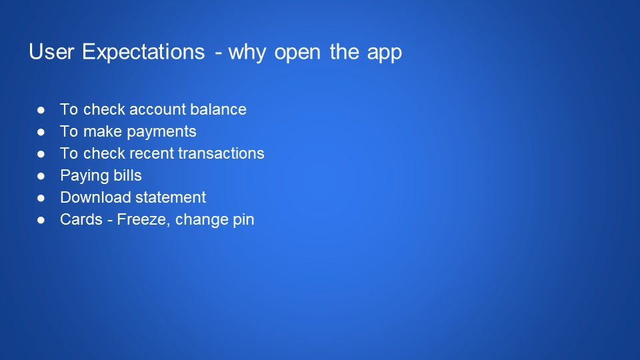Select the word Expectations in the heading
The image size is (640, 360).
click(x=143, y=53)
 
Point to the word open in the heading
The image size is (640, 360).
click(x=299, y=53)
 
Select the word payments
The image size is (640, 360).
click(x=166, y=131)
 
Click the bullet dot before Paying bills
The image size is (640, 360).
click(x=41, y=176)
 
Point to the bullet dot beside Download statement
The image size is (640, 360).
click(x=41, y=198)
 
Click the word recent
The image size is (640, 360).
click(x=153, y=153)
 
